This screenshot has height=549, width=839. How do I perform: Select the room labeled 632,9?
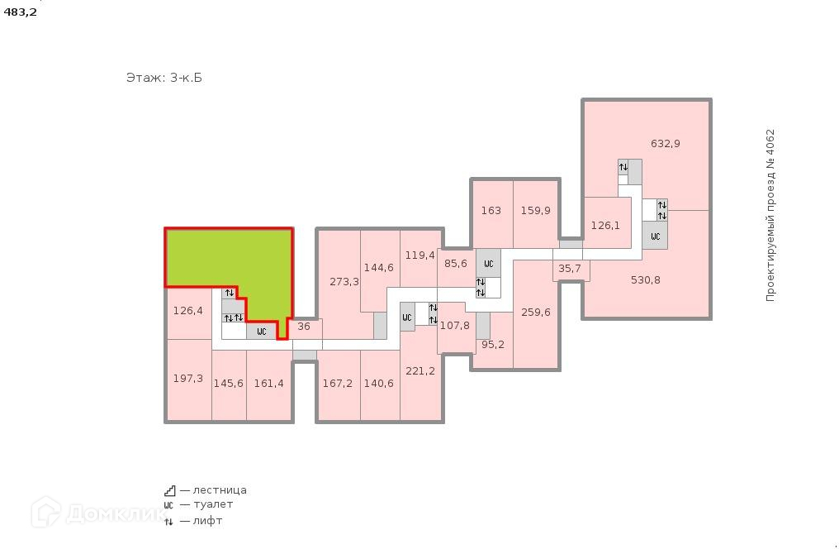click(665, 143)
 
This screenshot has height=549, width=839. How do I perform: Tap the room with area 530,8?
click(645, 280)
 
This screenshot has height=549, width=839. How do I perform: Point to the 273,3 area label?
click(344, 282)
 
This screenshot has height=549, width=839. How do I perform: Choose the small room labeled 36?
click(304, 327)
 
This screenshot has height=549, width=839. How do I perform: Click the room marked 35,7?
click(570, 269)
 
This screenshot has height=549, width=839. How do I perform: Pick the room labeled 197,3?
click(188, 379)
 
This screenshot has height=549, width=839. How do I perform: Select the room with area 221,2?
click(420, 371)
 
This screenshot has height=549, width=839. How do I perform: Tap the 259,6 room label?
click(536, 313)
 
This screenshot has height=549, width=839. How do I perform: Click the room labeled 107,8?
click(454, 326)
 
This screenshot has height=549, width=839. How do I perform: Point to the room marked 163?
click(491, 211)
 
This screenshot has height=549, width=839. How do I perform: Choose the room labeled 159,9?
click(535, 211)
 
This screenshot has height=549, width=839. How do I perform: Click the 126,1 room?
click(605, 225)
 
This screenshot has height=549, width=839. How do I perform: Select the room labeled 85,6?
click(456, 264)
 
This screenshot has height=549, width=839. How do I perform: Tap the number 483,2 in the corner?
click(21, 12)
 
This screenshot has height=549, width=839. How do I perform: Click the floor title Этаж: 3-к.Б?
click(164, 78)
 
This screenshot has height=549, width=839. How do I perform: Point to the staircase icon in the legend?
click(169, 489)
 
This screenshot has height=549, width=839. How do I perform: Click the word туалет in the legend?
click(213, 504)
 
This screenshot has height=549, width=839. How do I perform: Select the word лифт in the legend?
click(208, 521)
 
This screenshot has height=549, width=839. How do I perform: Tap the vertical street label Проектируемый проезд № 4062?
click(770, 215)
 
